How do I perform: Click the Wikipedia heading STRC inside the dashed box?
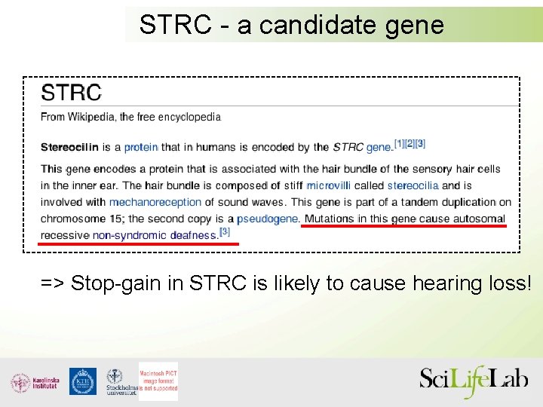(x=71, y=93)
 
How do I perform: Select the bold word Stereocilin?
(x=69, y=147)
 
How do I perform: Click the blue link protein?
(x=141, y=147)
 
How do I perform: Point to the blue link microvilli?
(x=329, y=185)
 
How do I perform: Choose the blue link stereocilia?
(x=413, y=185)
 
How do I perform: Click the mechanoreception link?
(x=155, y=202)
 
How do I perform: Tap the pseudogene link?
(x=268, y=219)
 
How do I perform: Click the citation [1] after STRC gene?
(x=399, y=143)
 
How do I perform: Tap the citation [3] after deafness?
(x=224, y=231)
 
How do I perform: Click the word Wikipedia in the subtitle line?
(x=92, y=117)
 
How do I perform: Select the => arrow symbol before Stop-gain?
(x=52, y=283)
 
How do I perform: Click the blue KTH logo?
(x=83, y=381)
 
